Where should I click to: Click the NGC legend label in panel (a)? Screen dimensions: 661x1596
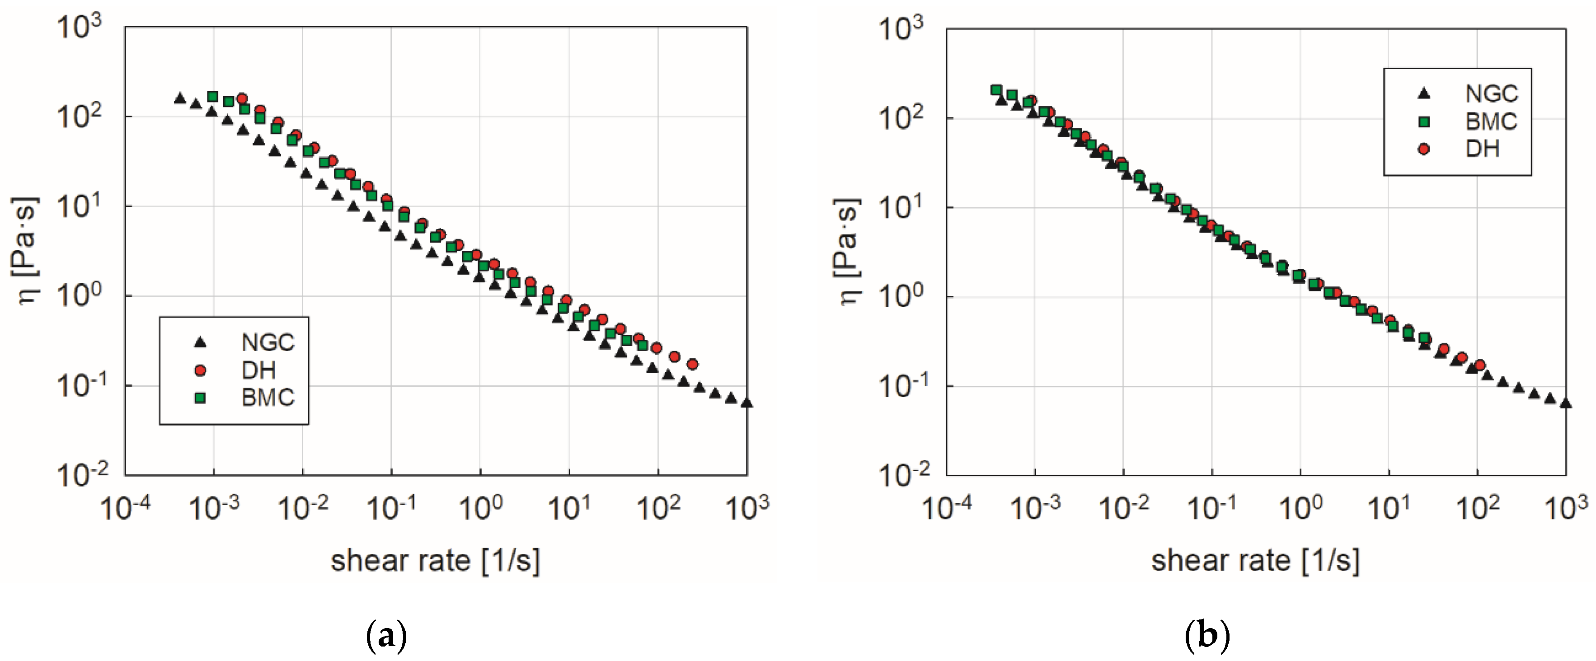point(268,342)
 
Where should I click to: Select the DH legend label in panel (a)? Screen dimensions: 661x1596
point(258,370)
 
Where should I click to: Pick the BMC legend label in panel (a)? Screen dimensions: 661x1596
point(268,398)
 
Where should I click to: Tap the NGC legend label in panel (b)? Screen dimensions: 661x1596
point(1491,94)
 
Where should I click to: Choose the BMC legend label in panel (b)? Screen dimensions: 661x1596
point(1491,122)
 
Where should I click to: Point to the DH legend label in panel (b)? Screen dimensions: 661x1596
point(1482,149)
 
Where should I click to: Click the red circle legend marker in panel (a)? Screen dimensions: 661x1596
point(200,370)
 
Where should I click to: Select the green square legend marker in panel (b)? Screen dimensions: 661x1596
point(1424,122)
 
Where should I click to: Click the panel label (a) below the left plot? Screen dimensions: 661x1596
point(387,636)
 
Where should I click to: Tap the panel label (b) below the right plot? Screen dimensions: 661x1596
point(1207,636)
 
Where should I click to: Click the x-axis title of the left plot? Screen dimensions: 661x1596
point(435,561)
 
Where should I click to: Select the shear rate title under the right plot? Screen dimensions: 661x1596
point(1255,561)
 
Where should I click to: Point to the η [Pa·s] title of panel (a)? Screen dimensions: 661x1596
point(26,251)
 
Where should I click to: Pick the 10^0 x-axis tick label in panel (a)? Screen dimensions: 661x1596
point(480,508)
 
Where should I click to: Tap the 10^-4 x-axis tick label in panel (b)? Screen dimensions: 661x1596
point(946,508)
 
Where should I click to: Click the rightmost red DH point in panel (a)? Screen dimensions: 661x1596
point(693,364)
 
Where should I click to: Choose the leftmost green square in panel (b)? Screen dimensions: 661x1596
point(995,90)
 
